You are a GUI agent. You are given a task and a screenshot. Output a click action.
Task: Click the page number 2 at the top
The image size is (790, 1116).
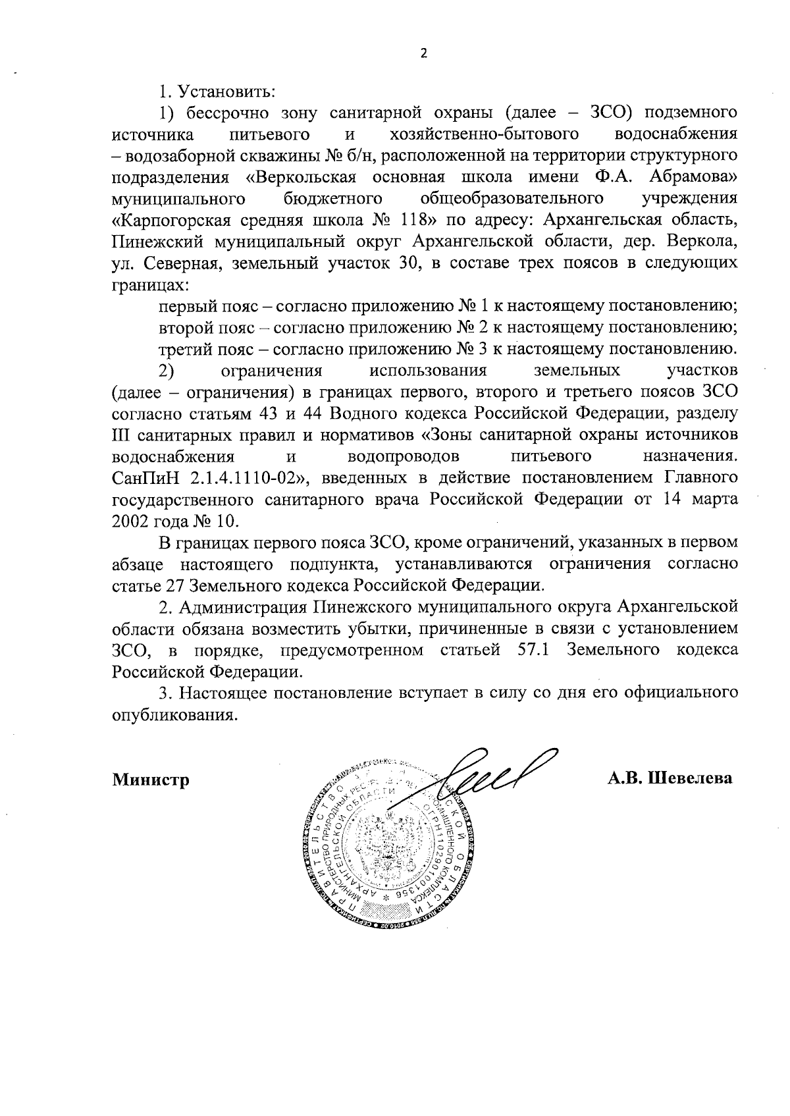423,53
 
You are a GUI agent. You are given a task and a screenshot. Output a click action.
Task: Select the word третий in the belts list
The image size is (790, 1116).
182,348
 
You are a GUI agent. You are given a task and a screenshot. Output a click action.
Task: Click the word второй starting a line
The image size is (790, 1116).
180,327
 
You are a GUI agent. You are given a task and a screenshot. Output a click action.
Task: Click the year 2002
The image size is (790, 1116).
132,520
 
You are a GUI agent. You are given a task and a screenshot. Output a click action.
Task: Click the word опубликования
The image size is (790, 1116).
172,714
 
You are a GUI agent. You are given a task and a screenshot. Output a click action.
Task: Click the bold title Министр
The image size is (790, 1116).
151,780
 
